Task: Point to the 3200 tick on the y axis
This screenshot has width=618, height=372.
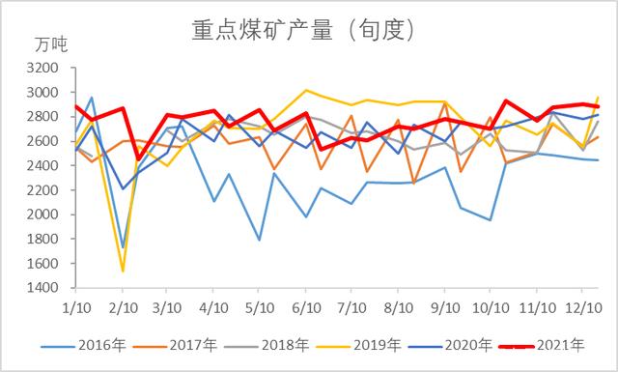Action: coord(43,69)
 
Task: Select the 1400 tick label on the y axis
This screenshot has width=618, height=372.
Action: coord(43,288)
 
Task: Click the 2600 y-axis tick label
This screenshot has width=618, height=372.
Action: coord(43,141)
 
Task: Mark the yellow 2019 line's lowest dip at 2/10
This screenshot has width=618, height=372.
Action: coord(123,272)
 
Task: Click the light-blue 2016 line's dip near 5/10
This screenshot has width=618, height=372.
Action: coord(260,240)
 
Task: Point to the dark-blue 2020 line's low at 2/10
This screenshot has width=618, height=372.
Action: coord(123,189)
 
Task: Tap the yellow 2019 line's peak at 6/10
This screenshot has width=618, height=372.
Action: coord(306,90)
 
